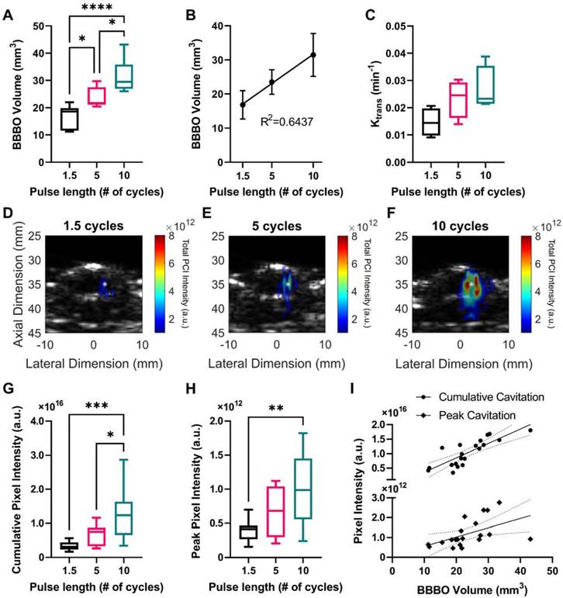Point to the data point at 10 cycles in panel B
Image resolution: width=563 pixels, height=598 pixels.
pos(313,54)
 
